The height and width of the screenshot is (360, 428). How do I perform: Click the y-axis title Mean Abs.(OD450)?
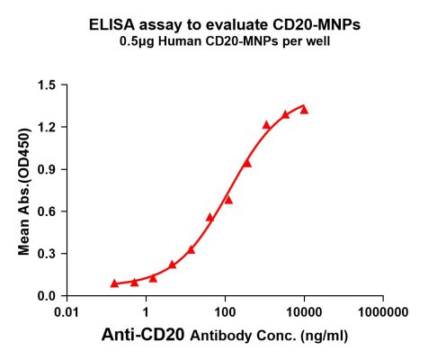tap(27, 191)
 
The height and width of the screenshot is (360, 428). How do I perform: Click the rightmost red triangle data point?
tap(304, 110)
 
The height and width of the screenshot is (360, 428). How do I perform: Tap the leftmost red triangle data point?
tap(114, 283)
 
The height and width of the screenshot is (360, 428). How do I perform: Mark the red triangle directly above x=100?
tap(228, 199)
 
